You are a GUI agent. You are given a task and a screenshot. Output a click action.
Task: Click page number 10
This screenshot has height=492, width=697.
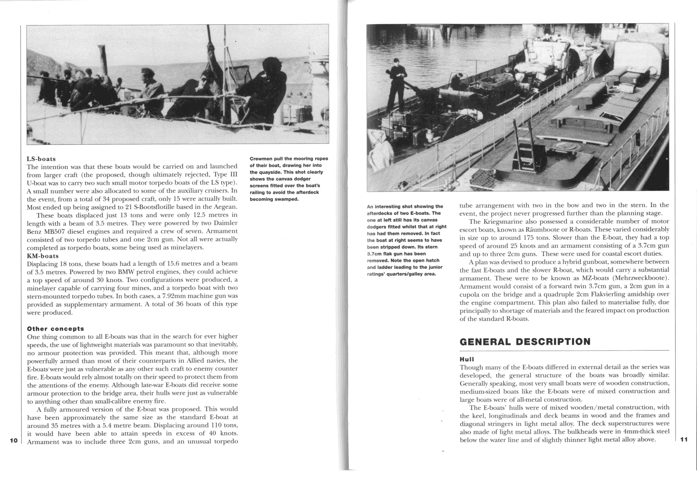click(x=14, y=440)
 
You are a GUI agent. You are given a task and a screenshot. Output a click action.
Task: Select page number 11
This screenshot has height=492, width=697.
click(x=684, y=439)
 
